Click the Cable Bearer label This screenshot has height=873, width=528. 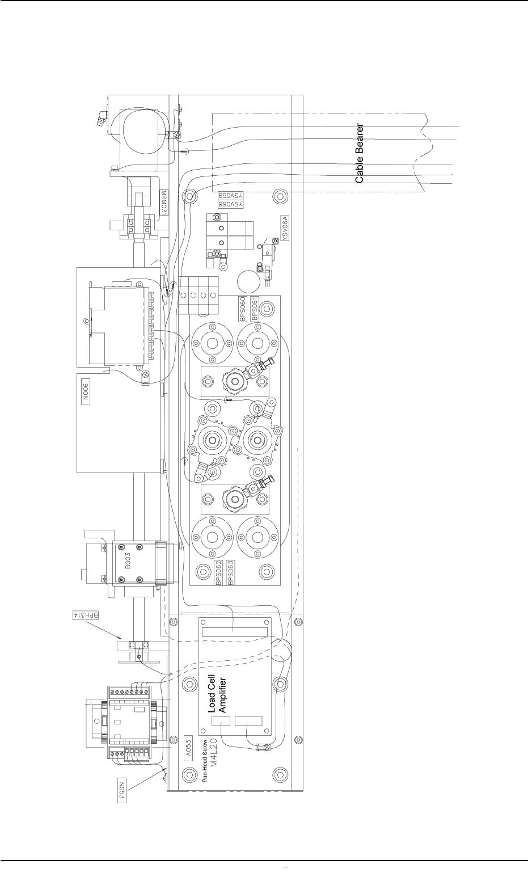pos(360,153)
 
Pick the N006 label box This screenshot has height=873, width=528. pos(86,391)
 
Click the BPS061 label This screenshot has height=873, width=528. pos(256,309)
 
